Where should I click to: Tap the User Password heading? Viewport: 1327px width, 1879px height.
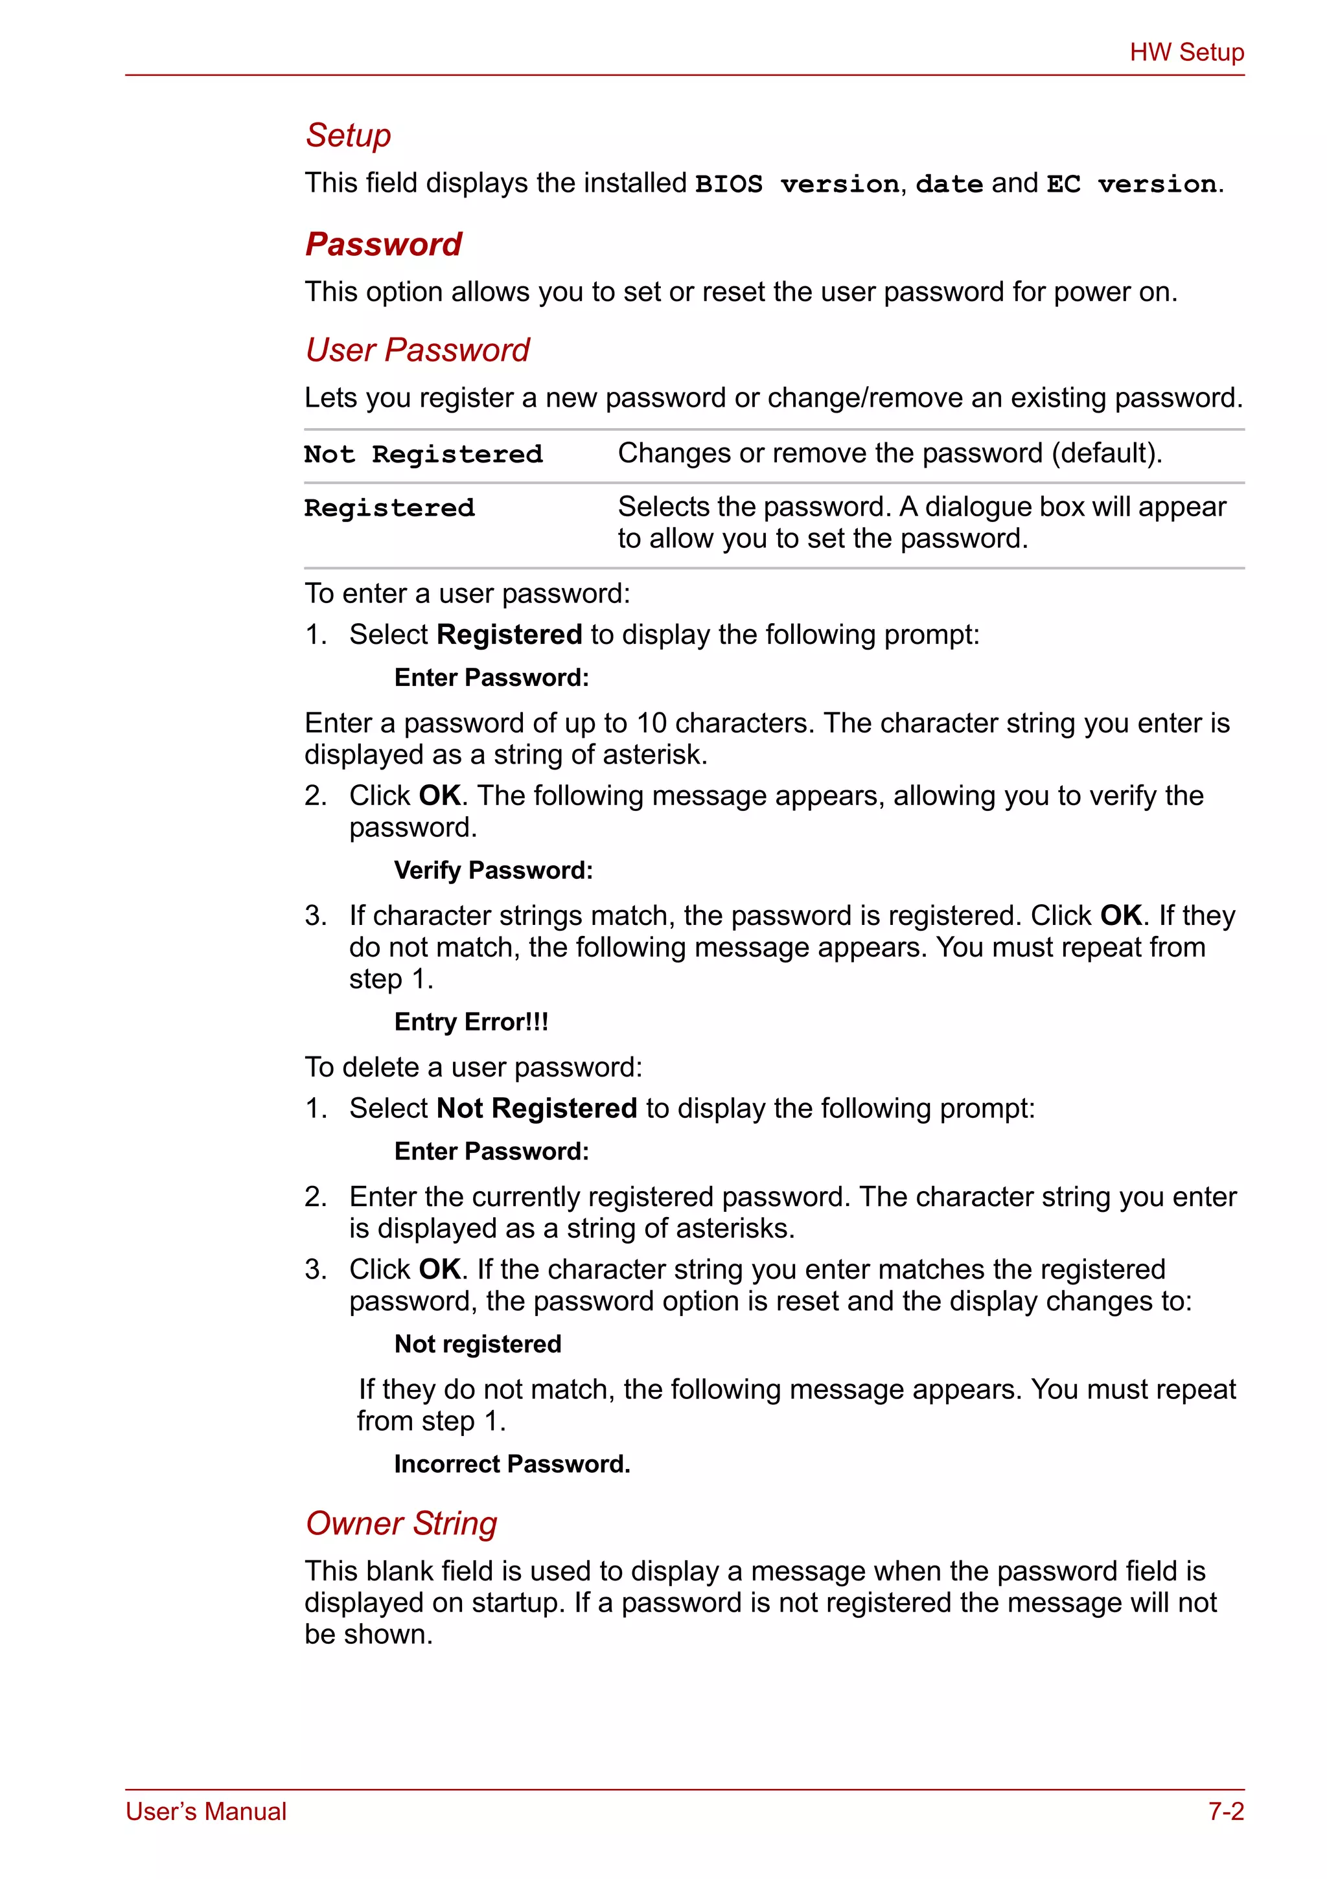(x=417, y=350)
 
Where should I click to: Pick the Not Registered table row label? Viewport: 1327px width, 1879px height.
(x=423, y=454)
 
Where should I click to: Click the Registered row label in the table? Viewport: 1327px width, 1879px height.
(x=389, y=508)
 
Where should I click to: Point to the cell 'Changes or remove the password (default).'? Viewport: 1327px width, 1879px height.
(x=890, y=453)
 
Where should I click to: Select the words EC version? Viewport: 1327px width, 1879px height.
(x=1131, y=184)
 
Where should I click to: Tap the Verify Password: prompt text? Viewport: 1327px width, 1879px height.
(x=493, y=870)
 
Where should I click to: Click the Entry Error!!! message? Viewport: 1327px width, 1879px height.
(x=470, y=1021)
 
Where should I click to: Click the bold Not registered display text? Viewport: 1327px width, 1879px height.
(x=478, y=1344)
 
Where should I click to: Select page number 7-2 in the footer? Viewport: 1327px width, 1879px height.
(x=1225, y=1811)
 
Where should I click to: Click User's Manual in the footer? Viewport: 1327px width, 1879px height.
(x=205, y=1811)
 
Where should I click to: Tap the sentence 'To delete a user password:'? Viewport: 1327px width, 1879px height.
(x=473, y=1067)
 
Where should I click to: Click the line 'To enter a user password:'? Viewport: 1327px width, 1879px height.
(x=467, y=593)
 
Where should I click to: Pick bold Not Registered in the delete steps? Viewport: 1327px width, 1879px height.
(x=537, y=1108)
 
